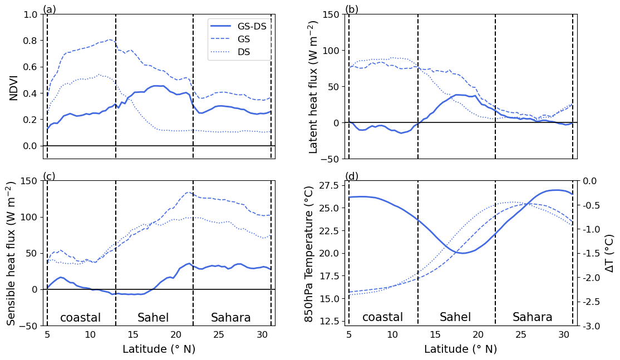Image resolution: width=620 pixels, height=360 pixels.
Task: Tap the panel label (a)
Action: pos(50,9)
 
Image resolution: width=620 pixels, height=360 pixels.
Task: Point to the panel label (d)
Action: pos(352,176)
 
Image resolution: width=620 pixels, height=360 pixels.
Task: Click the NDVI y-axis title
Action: pos(14,87)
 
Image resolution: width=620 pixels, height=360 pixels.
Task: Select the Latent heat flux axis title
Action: pos(314,87)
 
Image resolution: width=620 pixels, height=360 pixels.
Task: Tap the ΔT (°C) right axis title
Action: pos(609,254)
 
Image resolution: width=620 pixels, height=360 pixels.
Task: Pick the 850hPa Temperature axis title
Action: pos(309,254)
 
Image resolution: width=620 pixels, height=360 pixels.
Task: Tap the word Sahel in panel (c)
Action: pos(153,318)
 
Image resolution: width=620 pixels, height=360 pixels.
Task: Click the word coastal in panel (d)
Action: pos(383,317)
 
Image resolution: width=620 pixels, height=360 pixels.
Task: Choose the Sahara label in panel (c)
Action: pos(231,318)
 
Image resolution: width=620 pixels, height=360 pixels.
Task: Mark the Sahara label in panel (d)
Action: pos(533,317)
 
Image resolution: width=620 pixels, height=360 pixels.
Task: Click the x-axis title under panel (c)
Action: pos(159,349)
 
